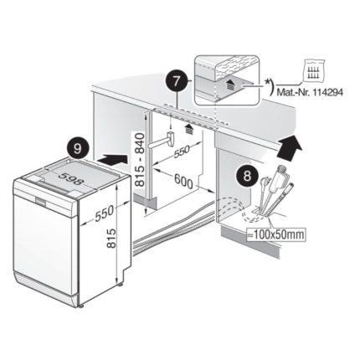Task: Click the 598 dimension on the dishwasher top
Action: click(x=72, y=179)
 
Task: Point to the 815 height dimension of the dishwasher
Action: click(x=111, y=239)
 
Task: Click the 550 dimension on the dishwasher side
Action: click(x=105, y=213)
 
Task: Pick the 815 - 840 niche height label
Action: click(x=140, y=159)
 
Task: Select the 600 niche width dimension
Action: click(x=183, y=182)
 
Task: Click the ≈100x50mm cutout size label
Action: click(x=276, y=234)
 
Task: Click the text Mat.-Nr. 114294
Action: click(x=310, y=92)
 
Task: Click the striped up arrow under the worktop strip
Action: click(x=189, y=130)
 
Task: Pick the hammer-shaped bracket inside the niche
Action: click(x=162, y=141)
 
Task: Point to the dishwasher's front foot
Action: click(x=81, y=306)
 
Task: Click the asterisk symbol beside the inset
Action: click(x=267, y=81)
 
